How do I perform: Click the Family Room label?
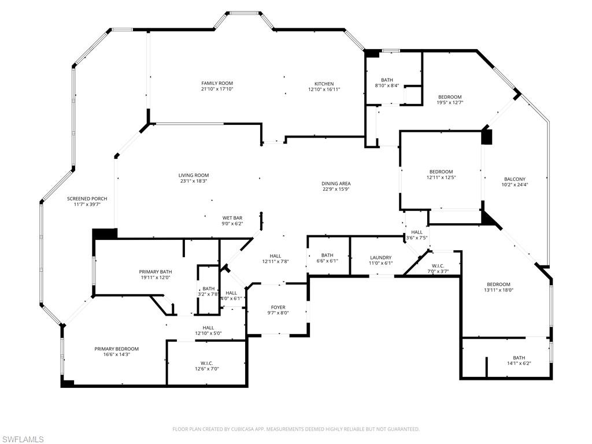pyautogui.click(x=217, y=83)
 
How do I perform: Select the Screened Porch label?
pyautogui.click(x=87, y=198)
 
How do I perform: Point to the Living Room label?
pyautogui.click(x=193, y=175)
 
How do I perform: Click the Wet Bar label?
pyautogui.click(x=232, y=218)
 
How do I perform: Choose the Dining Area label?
pyautogui.click(x=336, y=184)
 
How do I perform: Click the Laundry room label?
pyautogui.click(x=380, y=257)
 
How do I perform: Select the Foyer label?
pyautogui.click(x=278, y=307)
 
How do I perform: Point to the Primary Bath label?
pyautogui.click(x=155, y=272)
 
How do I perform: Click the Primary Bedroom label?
pyautogui.click(x=117, y=349)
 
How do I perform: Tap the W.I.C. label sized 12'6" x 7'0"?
pyautogui.click(x=206, y=363)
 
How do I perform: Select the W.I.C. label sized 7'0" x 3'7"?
pyautogui.click(x=438, y=266)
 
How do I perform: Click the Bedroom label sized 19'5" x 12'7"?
pyautogui.click(x=450, y=97)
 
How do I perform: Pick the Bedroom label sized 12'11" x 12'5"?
pyautogui.click(x=441, y=172)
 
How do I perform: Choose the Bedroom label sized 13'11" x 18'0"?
pyautogui.click(x=498, y=284)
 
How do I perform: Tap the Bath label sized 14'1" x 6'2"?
pyautogui.click(x=519, y=357)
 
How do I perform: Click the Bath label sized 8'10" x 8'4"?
pyautogui.click(x=387, y=80)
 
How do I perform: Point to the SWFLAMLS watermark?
pyautogui.click(x=23, y=439)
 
